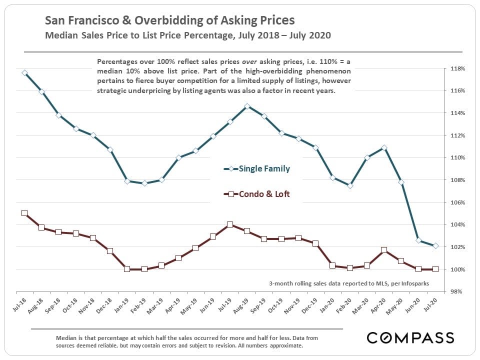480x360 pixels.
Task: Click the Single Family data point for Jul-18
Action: pyautogui.click(x=24, y=72)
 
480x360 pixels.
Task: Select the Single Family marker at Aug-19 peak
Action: pyautogui.click(x=247, y=106)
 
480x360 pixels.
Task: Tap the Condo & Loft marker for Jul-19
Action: pyautogui.click(x=230, y=224)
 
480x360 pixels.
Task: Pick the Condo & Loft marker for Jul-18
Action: pyautogui.click(x=24, y=213)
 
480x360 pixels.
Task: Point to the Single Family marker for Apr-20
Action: pyautogui.click(x=384, y=147)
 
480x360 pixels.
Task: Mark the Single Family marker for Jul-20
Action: pyautogui.click(x=435, y=245)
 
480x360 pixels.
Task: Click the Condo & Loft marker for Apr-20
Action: pyautogui.click(x=384, y=250)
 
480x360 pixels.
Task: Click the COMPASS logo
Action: pyautogui.click(x=410, y=337)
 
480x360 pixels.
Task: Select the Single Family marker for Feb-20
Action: pyautogui.click(x=350, y=185)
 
